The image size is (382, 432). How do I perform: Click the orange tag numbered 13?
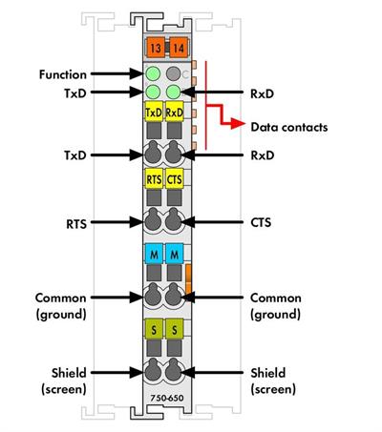coord(155,47)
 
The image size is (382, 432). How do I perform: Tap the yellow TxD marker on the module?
coord(154,113)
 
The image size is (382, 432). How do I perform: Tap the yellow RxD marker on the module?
coord(174,113)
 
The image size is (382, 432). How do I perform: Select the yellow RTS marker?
coord(154,180)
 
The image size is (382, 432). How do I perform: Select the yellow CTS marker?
coord(174,180)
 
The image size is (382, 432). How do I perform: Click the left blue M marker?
coord(154,255)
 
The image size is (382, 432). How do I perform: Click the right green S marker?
coord(174,329)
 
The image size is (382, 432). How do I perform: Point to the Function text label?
coord(63,73)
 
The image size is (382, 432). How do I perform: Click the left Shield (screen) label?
coord(63,380)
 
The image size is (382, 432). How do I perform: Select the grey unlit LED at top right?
coord(174,73)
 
